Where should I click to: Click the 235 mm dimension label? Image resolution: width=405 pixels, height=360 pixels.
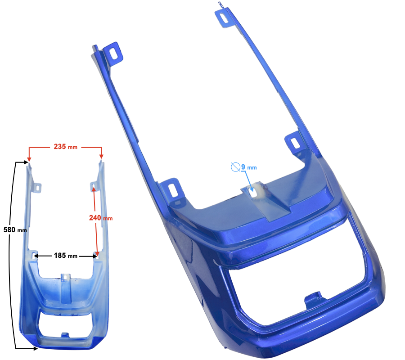click(65, 147)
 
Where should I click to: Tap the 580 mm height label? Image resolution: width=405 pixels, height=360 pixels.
click(15, 229)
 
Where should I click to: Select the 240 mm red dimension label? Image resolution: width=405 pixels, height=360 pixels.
click(101, 218)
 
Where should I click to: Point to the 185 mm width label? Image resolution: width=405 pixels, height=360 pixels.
click(66, 256)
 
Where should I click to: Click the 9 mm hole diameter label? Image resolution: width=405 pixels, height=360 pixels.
click(249, 167)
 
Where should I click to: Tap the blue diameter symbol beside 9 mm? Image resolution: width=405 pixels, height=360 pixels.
click(235, 167)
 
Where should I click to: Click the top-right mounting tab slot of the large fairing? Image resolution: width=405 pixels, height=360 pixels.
click(223, 18)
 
